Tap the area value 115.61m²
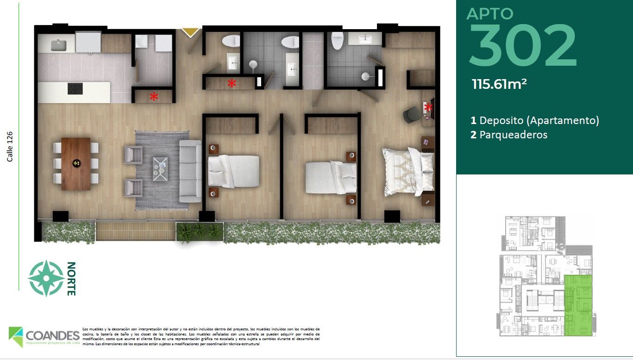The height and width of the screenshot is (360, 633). tap(499, 84)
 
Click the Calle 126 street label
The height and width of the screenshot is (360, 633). tap(10, 147)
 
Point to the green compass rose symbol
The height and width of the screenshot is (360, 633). tap(46, 279)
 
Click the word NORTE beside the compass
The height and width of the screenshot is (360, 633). tap(71, 279)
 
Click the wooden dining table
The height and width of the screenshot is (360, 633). tap(76, 164)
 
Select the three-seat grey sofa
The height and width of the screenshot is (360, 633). tap(190, 171)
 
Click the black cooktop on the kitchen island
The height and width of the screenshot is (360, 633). tap(75, 88)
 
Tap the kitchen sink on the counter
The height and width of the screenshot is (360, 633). tap(58, 44)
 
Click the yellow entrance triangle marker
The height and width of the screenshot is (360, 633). tap(190, 32)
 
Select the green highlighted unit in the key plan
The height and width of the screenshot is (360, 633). tap(578, 305)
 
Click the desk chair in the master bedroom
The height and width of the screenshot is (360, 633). tap(410, 115)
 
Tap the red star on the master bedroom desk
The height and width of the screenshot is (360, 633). tap(428, 107)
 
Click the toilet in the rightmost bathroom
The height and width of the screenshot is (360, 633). tap(337, 41)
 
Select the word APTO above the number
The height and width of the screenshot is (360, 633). tap(490, 13)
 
